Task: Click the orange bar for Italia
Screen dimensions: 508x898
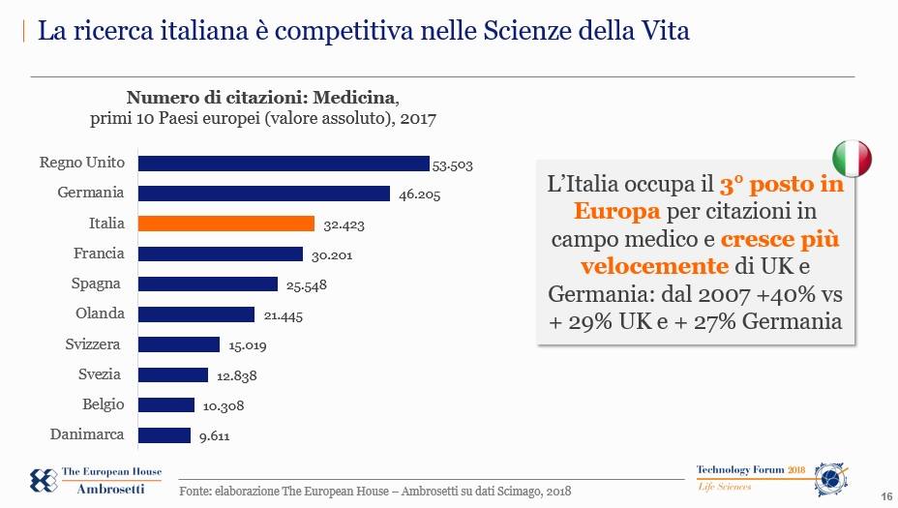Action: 226,224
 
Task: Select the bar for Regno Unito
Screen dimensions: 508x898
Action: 284,164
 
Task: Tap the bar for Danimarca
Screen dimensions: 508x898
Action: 165,435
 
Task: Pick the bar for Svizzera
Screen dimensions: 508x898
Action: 179,344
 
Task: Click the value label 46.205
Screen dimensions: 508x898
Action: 419,194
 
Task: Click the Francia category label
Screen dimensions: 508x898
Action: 99,254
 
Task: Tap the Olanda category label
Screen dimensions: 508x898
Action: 100,314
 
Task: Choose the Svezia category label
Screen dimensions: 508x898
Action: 101,374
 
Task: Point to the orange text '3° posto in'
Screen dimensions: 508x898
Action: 781,184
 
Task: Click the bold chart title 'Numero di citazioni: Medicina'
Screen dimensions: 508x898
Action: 261,98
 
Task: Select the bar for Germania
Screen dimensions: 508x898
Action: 264,194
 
